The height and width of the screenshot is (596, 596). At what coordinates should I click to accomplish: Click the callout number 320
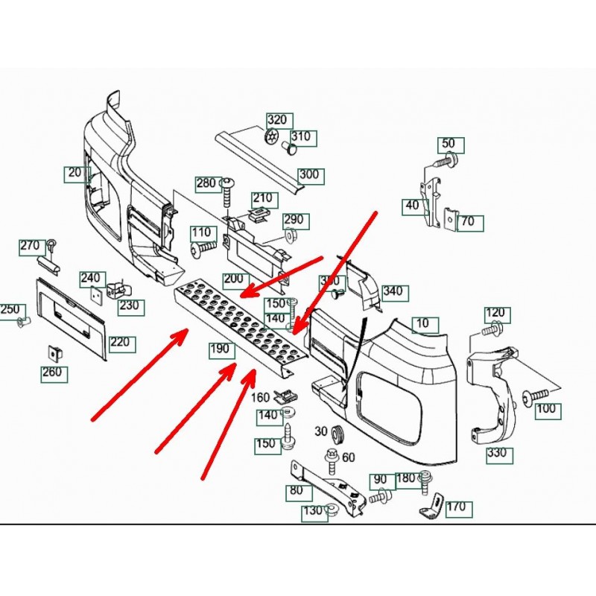277,121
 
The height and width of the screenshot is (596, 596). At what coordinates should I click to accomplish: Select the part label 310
301,137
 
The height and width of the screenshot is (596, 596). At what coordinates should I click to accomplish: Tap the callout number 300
308,176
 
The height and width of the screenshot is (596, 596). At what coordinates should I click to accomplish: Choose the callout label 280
206,183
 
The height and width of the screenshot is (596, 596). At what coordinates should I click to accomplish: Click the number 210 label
262,199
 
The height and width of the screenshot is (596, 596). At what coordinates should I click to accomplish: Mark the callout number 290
294,220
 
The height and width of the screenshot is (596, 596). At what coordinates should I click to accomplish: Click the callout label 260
51,372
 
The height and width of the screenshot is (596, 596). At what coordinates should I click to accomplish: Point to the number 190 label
219,349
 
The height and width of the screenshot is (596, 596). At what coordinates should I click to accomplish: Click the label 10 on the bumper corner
423,324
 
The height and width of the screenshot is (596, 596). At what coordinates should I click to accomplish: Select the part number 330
497,453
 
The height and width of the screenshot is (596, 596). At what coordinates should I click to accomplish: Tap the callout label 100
546,408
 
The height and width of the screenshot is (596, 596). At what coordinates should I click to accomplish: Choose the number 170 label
456,507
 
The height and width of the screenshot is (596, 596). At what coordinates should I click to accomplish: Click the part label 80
296,491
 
